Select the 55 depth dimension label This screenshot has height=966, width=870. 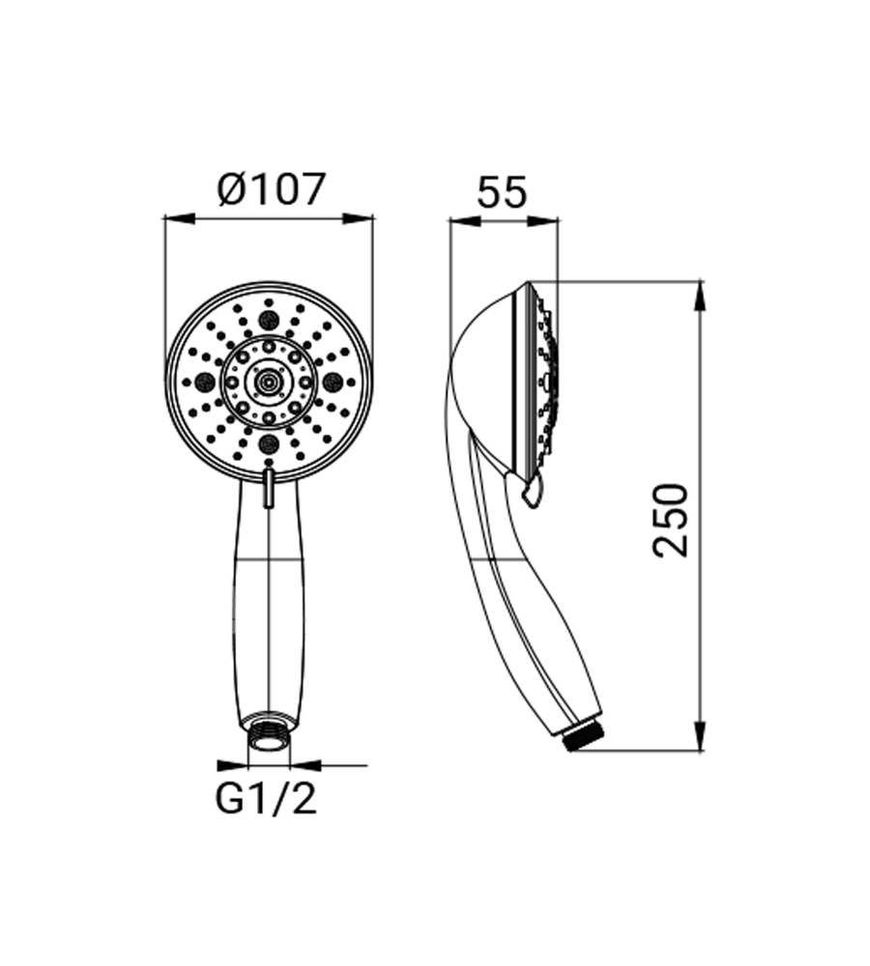503,192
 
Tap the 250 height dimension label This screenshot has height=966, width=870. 670,521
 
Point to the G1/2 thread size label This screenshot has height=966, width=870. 267,799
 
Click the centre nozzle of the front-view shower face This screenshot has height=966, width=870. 268,382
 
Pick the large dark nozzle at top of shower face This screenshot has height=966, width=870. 269,320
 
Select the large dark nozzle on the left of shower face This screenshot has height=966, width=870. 203,383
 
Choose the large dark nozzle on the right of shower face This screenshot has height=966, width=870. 333,382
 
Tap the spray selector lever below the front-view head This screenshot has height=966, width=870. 268,488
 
